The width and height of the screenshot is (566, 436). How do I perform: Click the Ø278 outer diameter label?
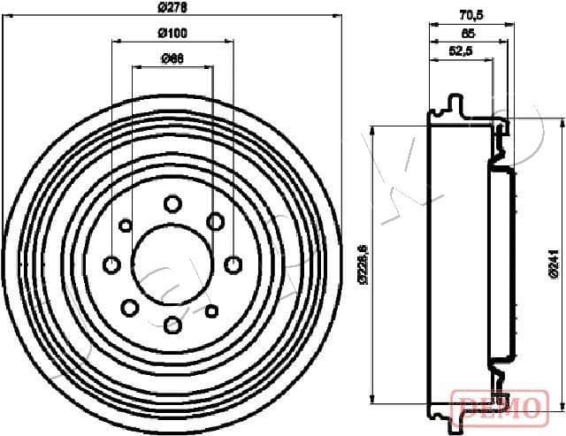point(172,7)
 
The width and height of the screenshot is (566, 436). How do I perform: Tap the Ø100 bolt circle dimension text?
point(172,34)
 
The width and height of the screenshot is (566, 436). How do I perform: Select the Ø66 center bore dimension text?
point(172,59)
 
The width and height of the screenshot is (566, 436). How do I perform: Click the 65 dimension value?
point(468,33)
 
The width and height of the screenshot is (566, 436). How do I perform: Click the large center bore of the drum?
point(172,263)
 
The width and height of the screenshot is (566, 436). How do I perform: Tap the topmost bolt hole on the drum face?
point(172,204)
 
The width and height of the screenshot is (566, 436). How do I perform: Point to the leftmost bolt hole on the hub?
point(112,264)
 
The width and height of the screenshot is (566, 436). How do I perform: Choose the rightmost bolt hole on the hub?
point(233,264)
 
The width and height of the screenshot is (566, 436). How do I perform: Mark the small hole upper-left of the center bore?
point(126,224)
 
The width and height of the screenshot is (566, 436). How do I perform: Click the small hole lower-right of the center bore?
point(211,310)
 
